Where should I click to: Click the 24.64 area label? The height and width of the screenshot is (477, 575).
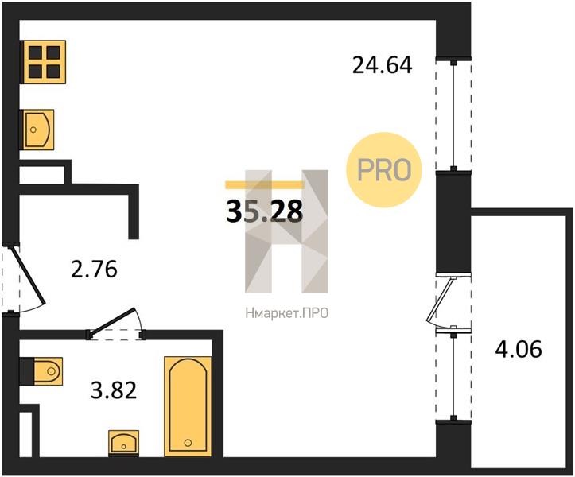click(x=382, y=65)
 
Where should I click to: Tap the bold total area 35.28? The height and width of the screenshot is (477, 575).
click(x=264, y=211)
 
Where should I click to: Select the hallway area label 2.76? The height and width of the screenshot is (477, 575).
click(x=95, y=270)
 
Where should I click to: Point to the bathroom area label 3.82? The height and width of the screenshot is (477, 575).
click(x=114, y=390)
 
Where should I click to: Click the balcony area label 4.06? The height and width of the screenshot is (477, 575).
click(x=519, y=349)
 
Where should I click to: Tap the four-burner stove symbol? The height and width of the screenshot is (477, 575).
click(x=44, y=62)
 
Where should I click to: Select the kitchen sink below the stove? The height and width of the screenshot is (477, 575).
click(x=37, y=130)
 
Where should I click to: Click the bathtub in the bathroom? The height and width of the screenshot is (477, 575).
click(x=188, y=406)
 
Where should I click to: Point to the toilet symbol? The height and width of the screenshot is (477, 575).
click(x=48, y=371)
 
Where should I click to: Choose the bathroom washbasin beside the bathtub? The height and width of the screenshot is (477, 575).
click(x=123, y=444)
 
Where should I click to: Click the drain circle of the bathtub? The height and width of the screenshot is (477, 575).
click(x=188, y=443)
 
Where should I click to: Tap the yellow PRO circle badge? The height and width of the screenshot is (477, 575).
click(x=384, y=170)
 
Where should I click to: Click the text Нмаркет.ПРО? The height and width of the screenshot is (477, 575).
click(x=287, y=313)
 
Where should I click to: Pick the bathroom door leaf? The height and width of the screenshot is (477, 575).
click(x=113, y=321)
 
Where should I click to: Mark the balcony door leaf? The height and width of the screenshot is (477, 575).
click(x=440, y=300)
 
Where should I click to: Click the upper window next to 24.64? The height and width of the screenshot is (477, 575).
click(x=453, y=114)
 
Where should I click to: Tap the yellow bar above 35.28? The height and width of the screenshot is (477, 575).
click(x=264, y=184)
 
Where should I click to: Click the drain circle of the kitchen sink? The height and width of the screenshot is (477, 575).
click(x=33, y=130)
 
